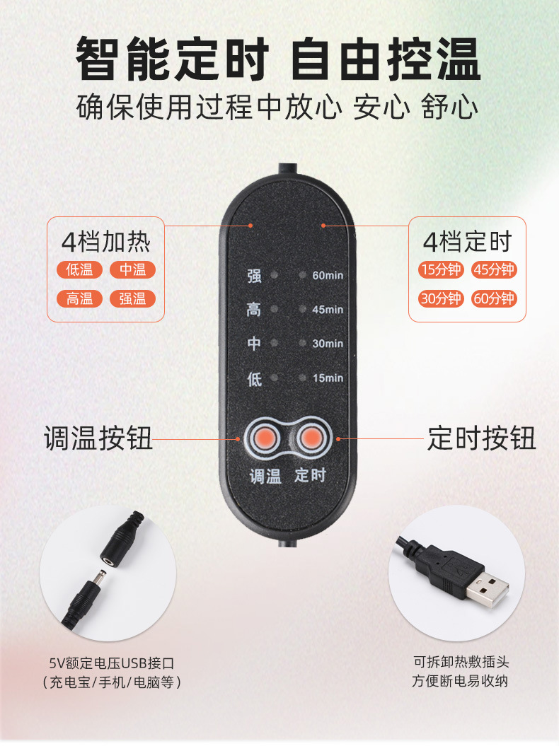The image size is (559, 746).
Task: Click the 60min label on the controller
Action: [x=327, y=274]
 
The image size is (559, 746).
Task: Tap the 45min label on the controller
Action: [x=327, y=309]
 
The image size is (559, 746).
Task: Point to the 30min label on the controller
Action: [x=327, y=343]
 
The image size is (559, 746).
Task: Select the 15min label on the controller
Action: [x=327, y=378]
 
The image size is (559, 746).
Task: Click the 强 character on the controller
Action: [x=254, y=275]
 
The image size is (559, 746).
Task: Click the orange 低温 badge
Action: [x=79, y=269]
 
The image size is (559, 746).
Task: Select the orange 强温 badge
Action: [x=132, y=298]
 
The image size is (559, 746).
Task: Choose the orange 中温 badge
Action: [x=132, y=269]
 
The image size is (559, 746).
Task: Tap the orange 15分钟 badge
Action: [x=440, y=269]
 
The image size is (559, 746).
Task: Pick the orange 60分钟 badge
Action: [x=493, y=298]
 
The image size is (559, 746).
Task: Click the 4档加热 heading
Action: [x=106, y=243]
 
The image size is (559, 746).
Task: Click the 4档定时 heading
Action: [x=467, y=243]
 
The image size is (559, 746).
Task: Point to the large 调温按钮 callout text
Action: [x=98, y=438]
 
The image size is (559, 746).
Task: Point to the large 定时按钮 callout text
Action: [x=481, y=438]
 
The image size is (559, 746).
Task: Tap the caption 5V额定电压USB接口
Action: [x=111, y=663]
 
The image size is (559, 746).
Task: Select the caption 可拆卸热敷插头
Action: [x=461, y=662]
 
